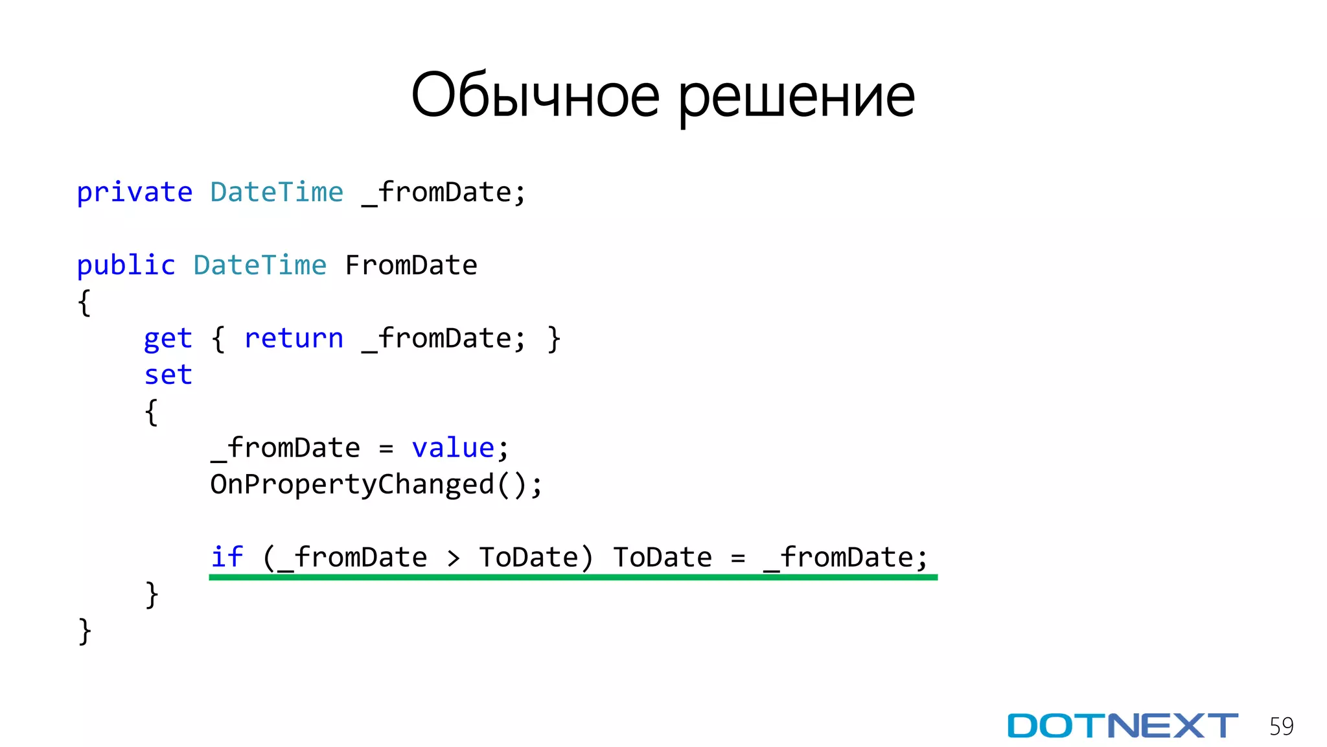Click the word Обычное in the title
click(x=535, y=96)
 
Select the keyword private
click(x=135, y=193)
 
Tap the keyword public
click(x=126, y=266)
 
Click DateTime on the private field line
click(x=277, y=193)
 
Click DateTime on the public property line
click(x=260, y=266)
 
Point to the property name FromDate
click(x=411, y=266)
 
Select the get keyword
click(x=168, y=339)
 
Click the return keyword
click(x=294, y=338)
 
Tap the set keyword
click(x=168, y=375)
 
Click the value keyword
click(x=453, y=448)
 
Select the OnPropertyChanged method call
click(x=352, y=485)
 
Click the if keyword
click(x=227, y=557)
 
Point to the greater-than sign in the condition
click(x=454, y=558)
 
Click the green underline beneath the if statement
click(x=573, y=577)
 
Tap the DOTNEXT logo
click(x=1122, y=726)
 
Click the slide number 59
click(x=1281, y=726)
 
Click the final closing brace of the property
click(x=84, y=631)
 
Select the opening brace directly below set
click(x=151, y=412)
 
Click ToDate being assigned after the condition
click(x=662, y=558)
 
